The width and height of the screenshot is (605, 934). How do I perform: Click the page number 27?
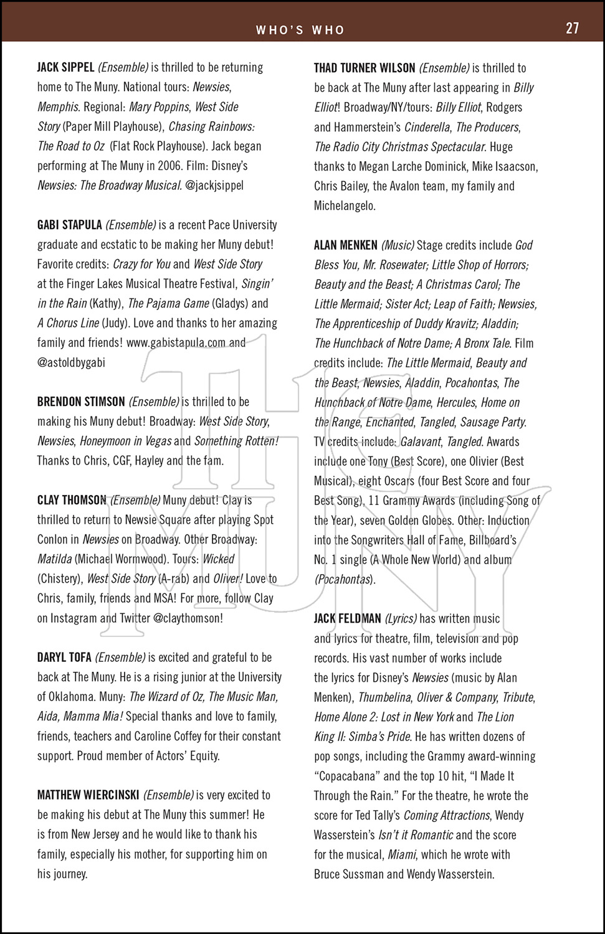(572, 29)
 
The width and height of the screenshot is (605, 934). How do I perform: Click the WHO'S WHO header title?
(300, 30)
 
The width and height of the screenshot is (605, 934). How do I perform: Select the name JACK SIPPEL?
(65, 67)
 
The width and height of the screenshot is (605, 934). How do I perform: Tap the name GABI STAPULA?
(70, 225)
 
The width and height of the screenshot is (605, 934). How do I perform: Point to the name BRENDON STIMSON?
(81, 402)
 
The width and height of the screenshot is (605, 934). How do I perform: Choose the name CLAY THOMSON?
(72, 500)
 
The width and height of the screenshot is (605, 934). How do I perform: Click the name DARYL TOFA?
(64, 658)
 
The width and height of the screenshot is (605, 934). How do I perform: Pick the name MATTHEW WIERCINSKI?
(88, 795)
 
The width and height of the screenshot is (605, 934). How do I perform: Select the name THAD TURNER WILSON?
(364, 68)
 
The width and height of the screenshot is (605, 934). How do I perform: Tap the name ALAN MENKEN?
(346, 245)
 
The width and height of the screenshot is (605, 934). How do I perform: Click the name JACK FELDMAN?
(348, 619)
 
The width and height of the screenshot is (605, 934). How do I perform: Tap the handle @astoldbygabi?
(71, 362)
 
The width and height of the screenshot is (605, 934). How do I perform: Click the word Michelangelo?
(345, 205)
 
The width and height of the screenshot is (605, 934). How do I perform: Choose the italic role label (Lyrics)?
(401, 619)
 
